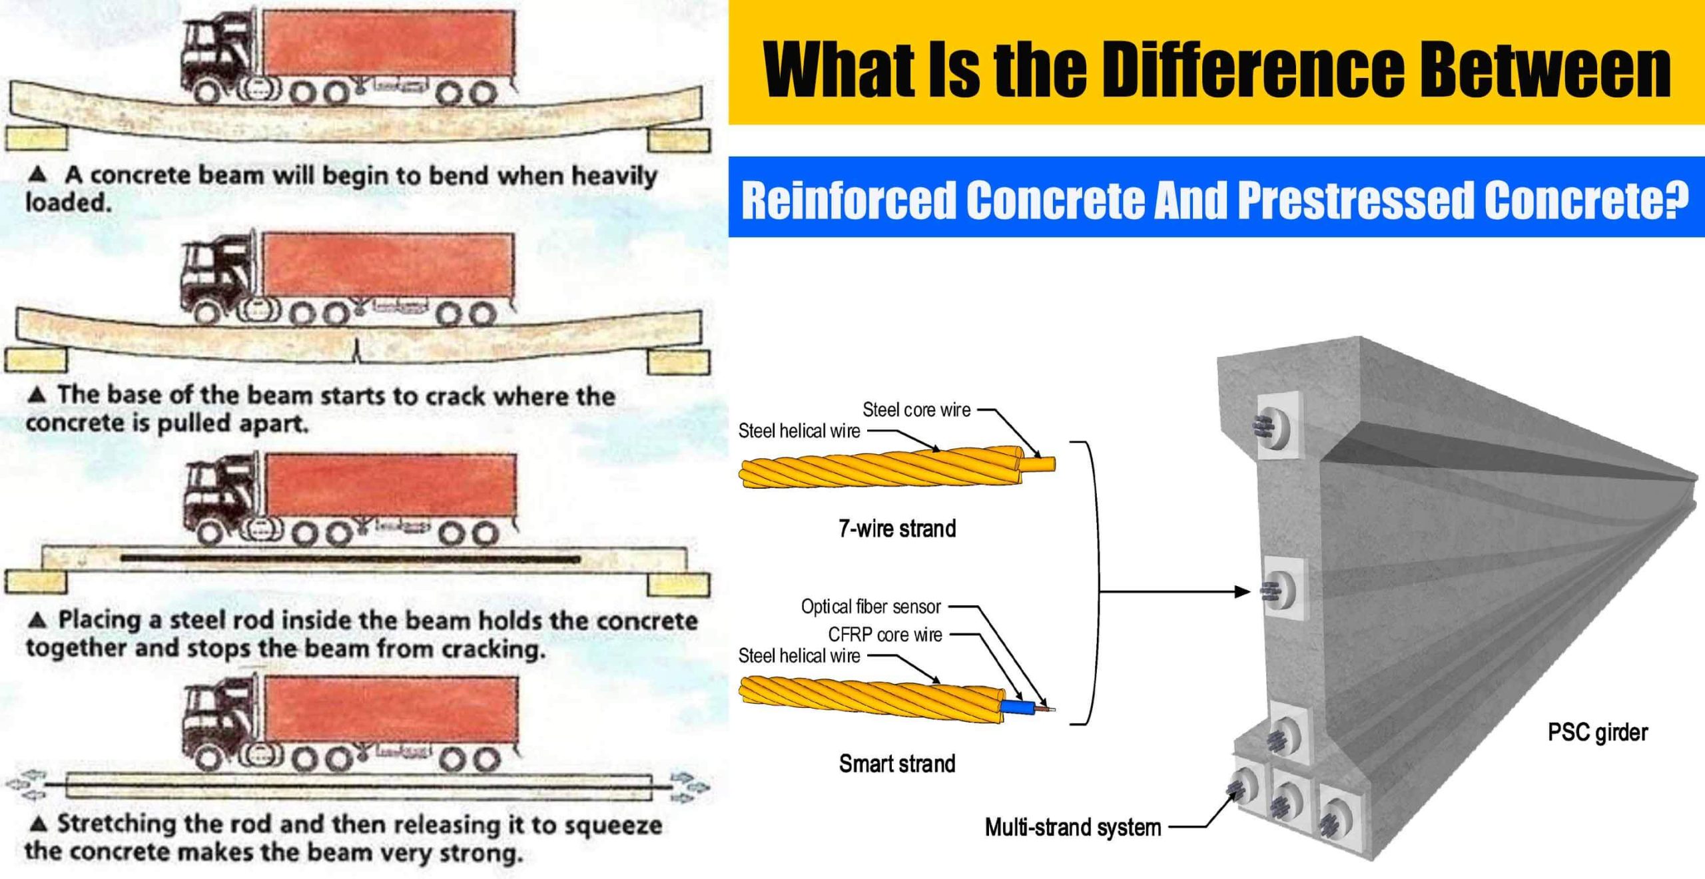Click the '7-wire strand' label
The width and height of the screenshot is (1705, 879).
tap(897, 529)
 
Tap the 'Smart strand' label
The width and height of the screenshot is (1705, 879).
tap(897, 763)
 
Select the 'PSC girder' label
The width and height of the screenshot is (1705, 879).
tap(1597, 732)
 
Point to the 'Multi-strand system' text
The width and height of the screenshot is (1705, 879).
tap(1073, 828)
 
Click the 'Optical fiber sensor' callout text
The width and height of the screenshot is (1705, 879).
tap(870, 607)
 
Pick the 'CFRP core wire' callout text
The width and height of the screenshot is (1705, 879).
tap(885, 635)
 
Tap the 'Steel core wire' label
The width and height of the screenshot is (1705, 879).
tap(916, 410)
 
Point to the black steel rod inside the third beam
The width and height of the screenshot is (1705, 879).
tap(350, 559)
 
